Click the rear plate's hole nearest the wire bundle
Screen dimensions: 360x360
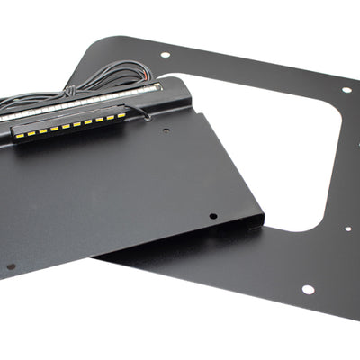165,55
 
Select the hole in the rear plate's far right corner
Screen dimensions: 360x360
346,89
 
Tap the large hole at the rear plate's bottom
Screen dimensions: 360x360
308,290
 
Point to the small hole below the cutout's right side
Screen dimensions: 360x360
347,228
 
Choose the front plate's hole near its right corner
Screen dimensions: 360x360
212,216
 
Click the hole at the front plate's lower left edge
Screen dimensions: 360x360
11,266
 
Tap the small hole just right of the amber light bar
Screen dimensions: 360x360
167,130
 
